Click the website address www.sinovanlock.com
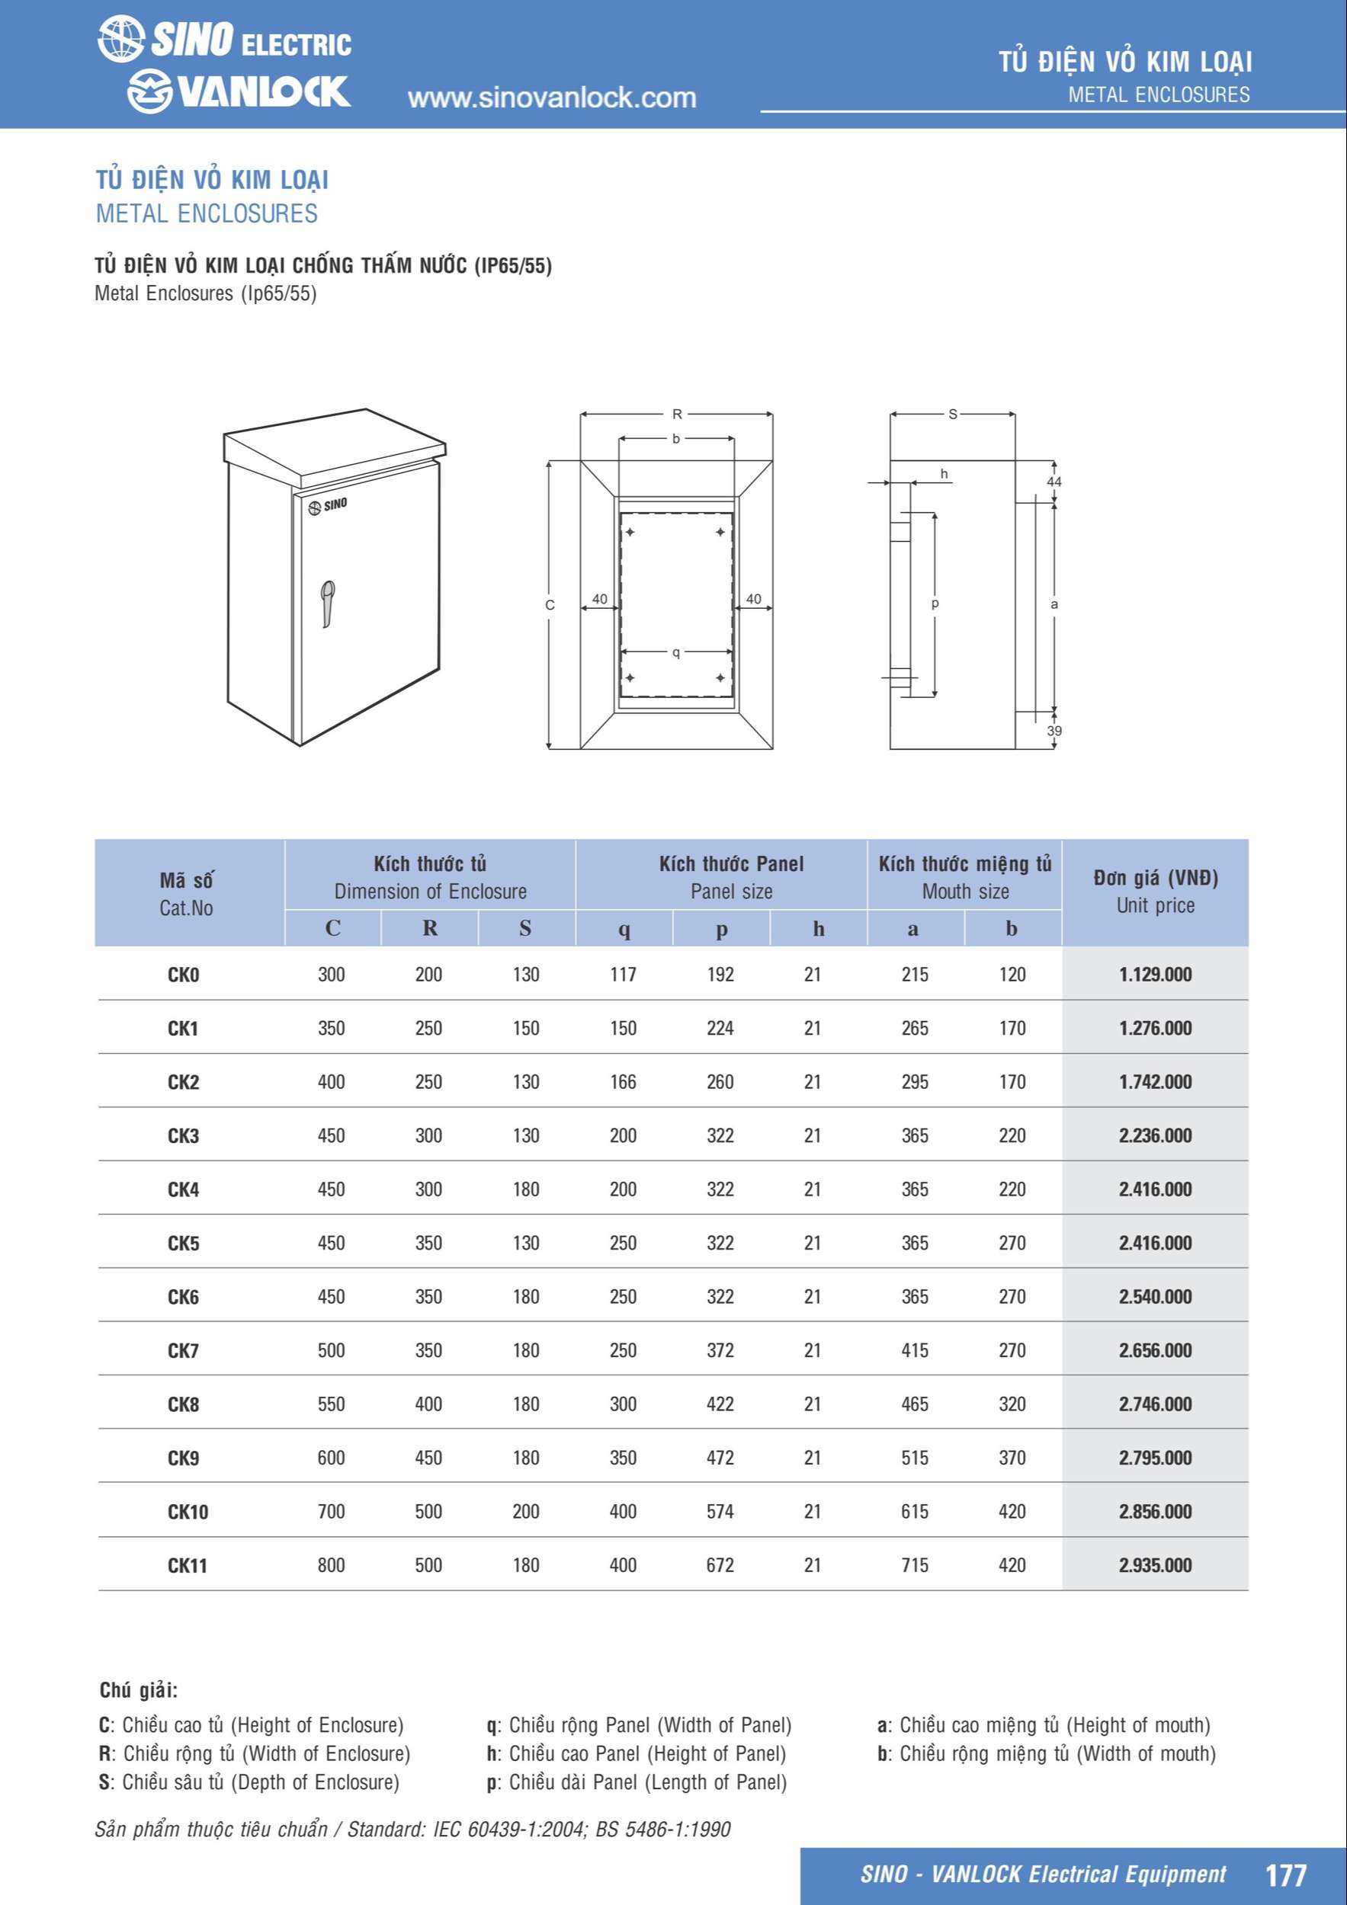[x=552, y=98]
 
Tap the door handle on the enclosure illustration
[x=328, y=604]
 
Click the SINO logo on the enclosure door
[x=328, y=505]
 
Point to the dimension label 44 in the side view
[x=1054, y=482]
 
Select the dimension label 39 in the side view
[x=1054, y=731]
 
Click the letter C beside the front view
[x=550, y=606]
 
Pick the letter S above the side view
[x=953, y=414]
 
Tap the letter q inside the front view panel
[x=676, y=653]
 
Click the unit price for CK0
[x=1156, y=974]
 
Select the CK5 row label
[x=184, y=1243]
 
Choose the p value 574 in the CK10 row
[x=720, y=1511]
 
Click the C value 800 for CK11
[x=331, y=1565]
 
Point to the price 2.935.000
[x=1156, y=1565]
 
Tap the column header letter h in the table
[x=818, y=927]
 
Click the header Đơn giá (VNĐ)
[x=1156, y=878]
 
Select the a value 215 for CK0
[x=916, y=974]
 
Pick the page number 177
[x=1285, y=1874]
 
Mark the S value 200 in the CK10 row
[x=526, y=1511]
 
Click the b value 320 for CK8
[x=1012, y=1404]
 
